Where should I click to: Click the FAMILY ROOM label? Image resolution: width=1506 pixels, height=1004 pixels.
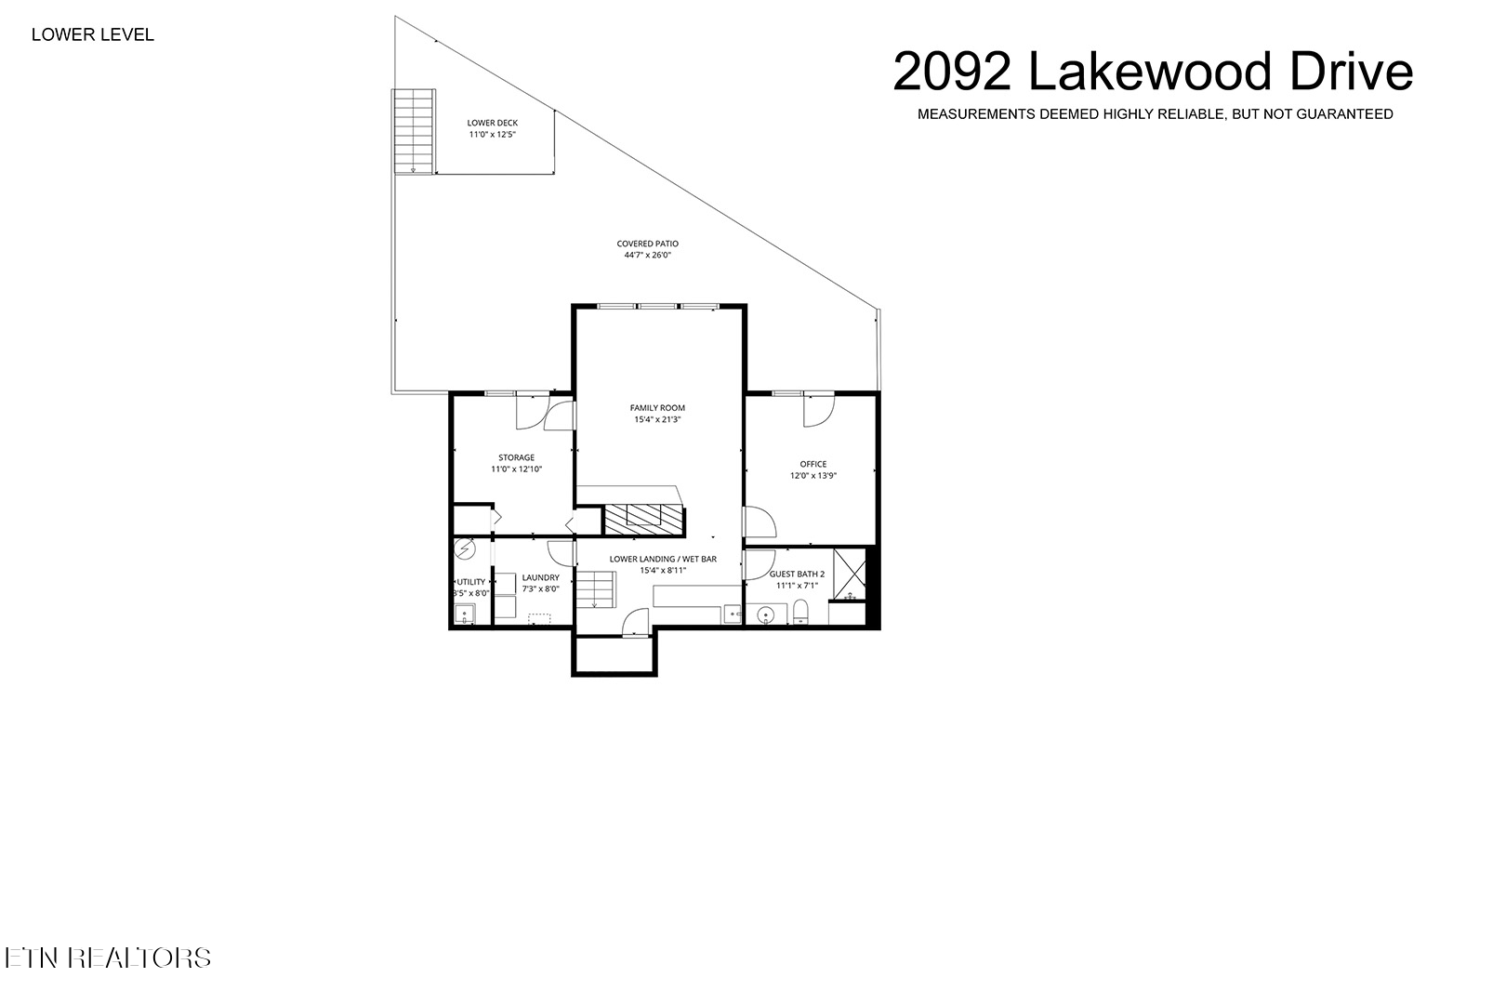pos(657,408)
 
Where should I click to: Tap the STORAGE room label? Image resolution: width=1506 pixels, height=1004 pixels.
pos(516,457)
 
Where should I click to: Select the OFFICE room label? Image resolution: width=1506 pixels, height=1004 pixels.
pos(812,464)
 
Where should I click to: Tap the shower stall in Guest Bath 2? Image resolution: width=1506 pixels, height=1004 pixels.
pos(850,575)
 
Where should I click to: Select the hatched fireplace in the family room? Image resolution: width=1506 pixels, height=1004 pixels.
pos(643,517)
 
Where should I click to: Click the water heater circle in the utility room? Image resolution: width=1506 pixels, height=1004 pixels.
pos(465,550)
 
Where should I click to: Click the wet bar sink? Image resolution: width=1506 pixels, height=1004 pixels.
pos(732,614)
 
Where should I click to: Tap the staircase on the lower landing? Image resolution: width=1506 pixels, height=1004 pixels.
pos(595,590)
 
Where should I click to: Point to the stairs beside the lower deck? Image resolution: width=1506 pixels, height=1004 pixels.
pos(414,131)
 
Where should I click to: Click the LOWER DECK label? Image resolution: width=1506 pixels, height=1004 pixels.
pos(493,123)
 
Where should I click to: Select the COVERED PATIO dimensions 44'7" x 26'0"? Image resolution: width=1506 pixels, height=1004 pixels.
pos(647,255)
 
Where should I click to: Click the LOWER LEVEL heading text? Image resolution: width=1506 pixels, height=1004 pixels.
pos(93,35)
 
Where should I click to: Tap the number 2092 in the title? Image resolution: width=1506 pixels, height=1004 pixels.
pos(952,73)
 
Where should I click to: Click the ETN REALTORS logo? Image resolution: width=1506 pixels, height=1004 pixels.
pos(108,958)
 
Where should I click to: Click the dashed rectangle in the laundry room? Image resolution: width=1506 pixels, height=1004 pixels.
pos(539,616)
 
